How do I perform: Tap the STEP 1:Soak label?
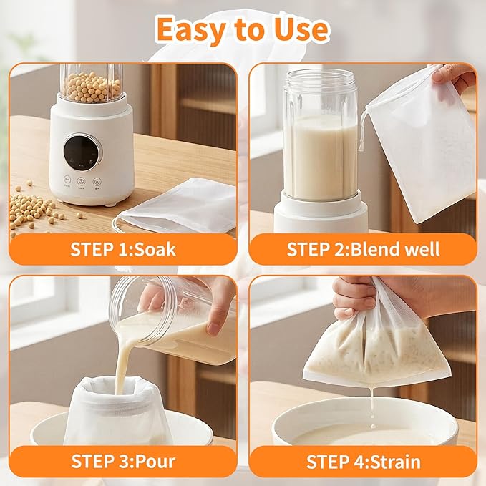pyautogui.click(x=122, y=249)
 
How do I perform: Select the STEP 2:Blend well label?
pyautogui.click(x=363, y=249)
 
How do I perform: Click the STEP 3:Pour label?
pyautogui.click(x=122, y=461)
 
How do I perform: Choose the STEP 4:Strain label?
pyautogui.click(x=363, y=461)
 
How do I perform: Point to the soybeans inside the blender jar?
pyautogui.click(x=91, y=87)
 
